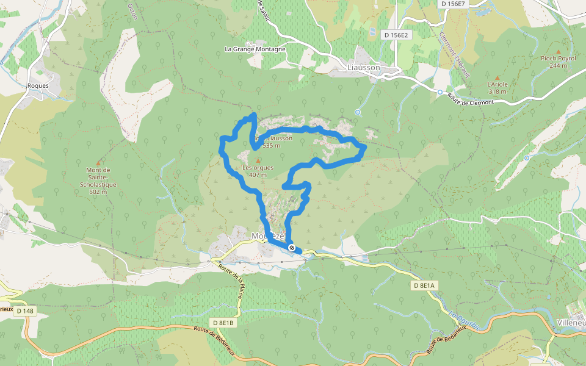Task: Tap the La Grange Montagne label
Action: (x=255, y=49)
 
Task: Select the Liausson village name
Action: (x=363, y=67)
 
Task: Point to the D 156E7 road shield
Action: (x=453, y=4)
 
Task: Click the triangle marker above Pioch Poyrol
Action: (x=558, y=51)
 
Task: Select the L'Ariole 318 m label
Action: (x=497, y=88)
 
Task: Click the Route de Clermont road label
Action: (x=470, y=99)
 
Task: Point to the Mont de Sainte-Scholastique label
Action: (x=98, y=181)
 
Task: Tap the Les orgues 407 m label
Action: (x=258, y=171)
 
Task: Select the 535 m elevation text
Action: (x=271, y=146)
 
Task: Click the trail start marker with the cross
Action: (x=292, y=248)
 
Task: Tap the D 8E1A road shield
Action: (x=423, y=285)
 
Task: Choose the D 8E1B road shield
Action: (x=223, y=322)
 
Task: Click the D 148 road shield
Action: (x=25, y=311)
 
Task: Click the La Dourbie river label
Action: (x=464, y=321)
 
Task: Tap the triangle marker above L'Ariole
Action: (x=497, y=77)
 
